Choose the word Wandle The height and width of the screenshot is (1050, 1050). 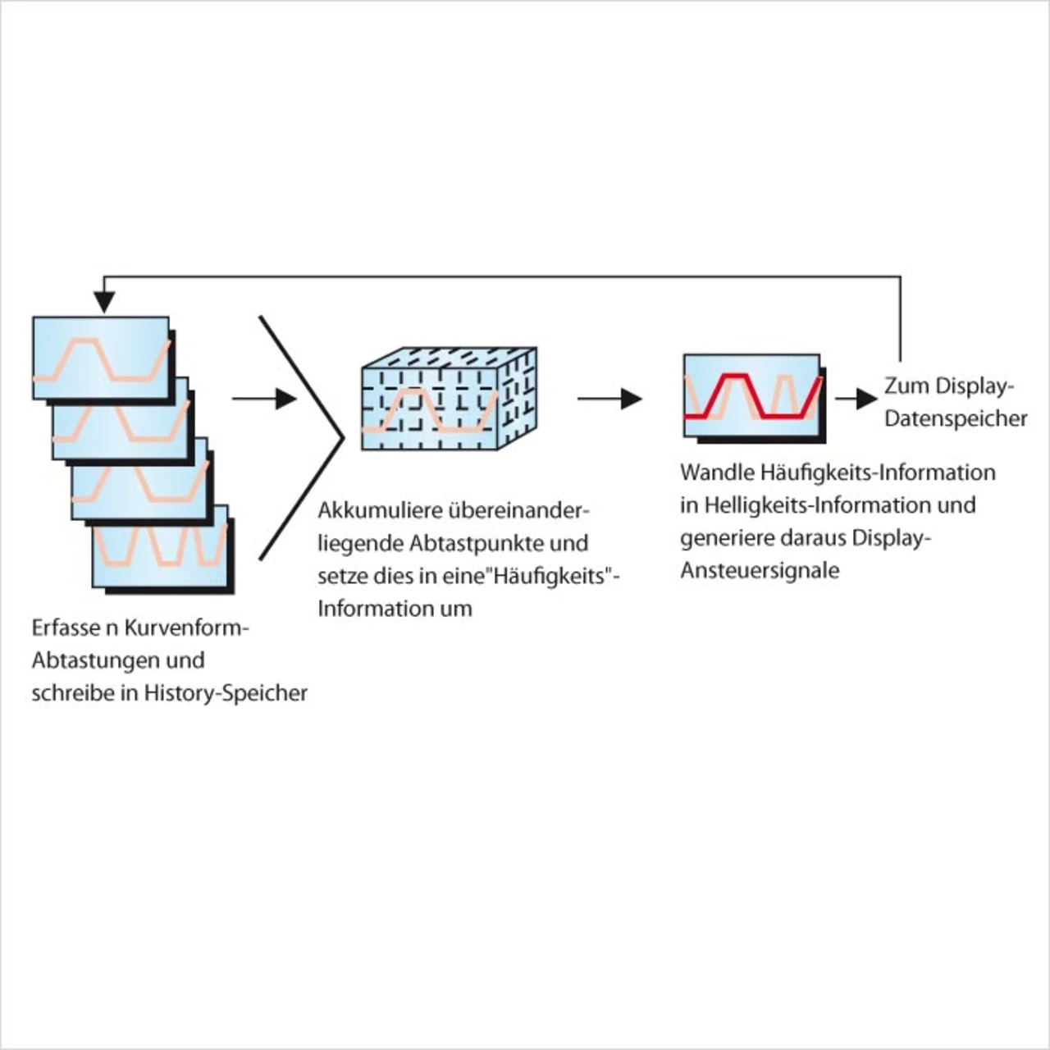point(716,472)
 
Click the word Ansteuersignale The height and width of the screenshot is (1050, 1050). point(759,570)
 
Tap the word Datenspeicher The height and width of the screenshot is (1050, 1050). point(956,418)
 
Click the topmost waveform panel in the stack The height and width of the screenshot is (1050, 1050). point(100,358)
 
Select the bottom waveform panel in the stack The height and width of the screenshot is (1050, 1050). point(161,546)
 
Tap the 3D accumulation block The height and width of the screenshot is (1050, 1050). point(448,399)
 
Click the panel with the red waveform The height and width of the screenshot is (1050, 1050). point(752,395)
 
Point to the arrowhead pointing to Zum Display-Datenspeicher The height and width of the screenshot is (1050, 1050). point(868,399)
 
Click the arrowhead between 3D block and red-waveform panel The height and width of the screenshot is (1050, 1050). point(631,399)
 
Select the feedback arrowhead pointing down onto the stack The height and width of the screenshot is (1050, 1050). point(103,303)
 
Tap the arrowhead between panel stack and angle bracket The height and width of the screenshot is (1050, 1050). point(285,399)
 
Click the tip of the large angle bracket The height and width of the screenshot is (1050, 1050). point(340,438)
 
